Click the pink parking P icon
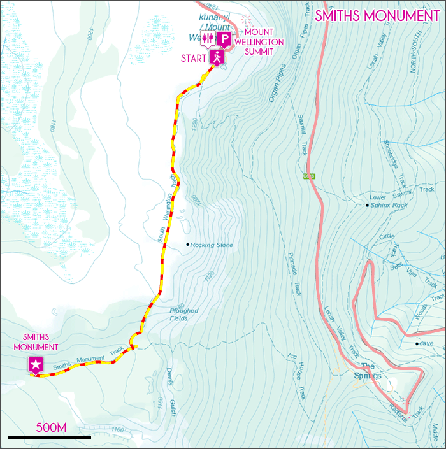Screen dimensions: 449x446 (x=224, y=39)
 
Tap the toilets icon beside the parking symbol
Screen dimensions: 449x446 (x=208, y=39)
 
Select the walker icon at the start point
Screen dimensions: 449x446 (x=217, y=58)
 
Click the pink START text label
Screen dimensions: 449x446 (x=194, y=58)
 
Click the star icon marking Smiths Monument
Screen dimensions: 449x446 (x=36, y=366)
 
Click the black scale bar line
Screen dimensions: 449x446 (x=49, y=438)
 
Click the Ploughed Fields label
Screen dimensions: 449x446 (x=184, y=315)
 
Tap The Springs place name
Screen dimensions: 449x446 (x=369, y=371)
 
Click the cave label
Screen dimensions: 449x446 (x=426, y=344)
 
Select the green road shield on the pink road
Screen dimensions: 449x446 (x=310, y=176)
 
